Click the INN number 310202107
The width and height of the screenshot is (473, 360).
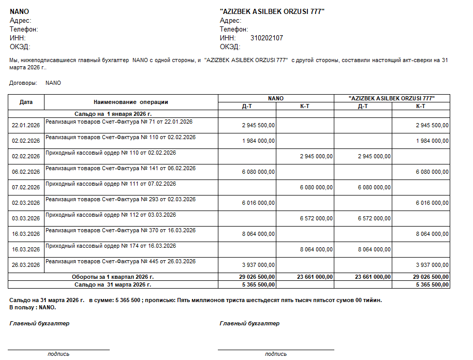(x=267, y=38)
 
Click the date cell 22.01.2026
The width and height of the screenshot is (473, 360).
(x=26, y=125)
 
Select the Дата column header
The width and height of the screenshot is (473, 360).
(x=26, y=102)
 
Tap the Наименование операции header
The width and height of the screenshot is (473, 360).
(x=131, y=102)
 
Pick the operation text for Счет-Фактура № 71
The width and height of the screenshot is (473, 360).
(x=119, y=122)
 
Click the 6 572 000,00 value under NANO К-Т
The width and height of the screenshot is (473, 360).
(x=316, y=218)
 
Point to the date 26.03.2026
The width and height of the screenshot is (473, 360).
(x=26, y=265)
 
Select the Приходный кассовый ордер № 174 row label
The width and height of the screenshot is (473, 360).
(x=111, y=246)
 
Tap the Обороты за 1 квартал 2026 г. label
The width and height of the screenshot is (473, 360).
(x=113, y=277)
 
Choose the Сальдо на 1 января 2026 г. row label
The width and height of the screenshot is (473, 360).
(x=113, y=113)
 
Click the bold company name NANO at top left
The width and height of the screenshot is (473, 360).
(x=19, y=11)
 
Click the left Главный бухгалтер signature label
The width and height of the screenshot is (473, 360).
(x=39, y=323)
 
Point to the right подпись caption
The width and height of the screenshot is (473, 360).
(x=275, y=354)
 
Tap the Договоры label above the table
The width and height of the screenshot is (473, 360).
(x=23, y=83)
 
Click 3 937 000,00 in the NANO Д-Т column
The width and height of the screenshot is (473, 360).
(x=258, y=265)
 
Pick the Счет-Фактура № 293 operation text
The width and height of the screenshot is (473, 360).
(x=121, y=200)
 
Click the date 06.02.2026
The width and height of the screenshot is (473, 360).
(x=26, y=172)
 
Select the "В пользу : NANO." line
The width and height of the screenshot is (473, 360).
(x=33, y=307)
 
